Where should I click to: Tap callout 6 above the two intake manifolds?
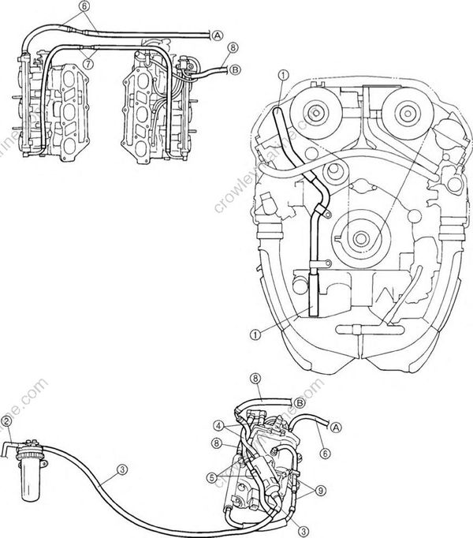[x=84, y=6]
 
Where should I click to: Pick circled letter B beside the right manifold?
[x=234, y=69]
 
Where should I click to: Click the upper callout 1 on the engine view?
[x=282, y=76]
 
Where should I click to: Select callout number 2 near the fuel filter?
[x=6, y=420]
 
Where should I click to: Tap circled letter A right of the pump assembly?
[x=336, y=427]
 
